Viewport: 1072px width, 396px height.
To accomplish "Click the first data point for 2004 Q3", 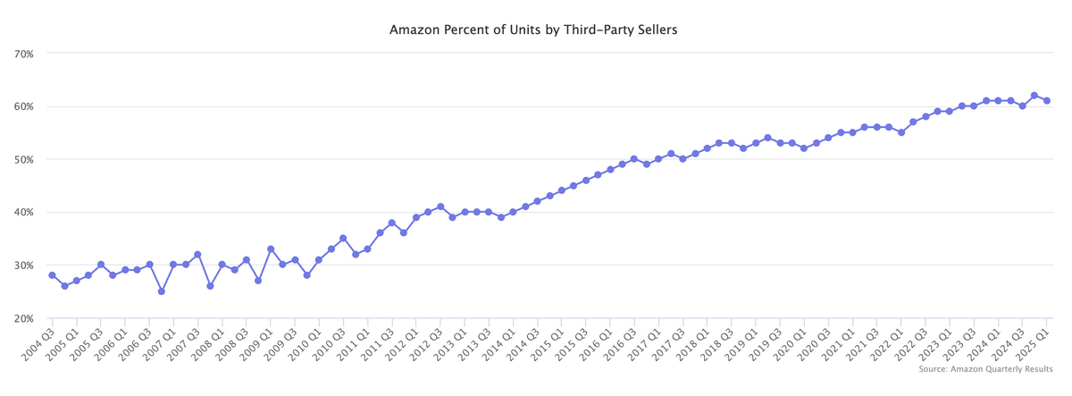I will click(52, 275).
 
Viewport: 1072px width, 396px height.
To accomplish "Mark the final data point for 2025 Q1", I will click(1046, 100).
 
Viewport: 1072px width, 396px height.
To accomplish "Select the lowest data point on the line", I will click(161, 291).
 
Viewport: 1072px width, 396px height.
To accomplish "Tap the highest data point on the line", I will click(1034, 96).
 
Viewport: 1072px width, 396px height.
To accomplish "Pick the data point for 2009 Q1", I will click(270, 249).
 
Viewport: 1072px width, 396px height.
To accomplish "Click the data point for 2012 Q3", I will click(440, 206).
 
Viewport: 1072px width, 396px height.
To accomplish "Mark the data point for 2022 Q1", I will click(900, 132).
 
